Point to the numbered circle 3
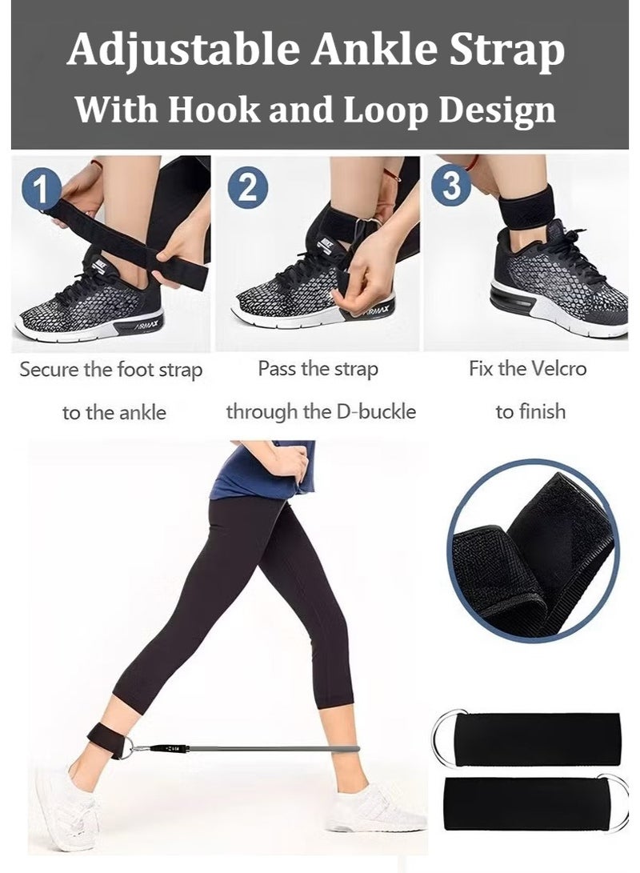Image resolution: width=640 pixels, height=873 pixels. click(x=451, y=186)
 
